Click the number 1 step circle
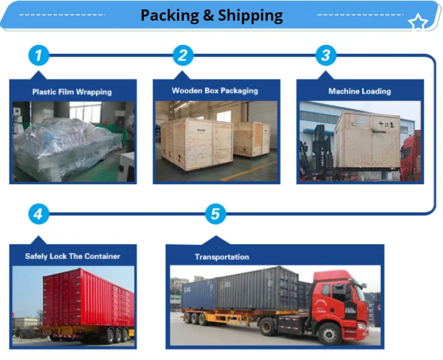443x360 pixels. tap(38, 56)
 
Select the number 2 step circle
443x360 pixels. tap(183, 56)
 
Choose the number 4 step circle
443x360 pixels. tap(38, 214)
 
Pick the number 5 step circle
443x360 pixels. tap(215, 214)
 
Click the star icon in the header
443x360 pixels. tap(418, 23)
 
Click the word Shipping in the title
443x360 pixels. tap(250, 15)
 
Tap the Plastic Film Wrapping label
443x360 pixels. tap(72, 92)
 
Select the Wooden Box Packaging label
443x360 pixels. tap(215, 91)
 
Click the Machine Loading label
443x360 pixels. tap(360, 91)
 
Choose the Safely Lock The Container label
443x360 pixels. tap(73, 256)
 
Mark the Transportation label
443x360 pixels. tap(222, 257)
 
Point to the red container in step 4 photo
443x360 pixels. tap(89, 298)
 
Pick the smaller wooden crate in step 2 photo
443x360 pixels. tap(248, 139)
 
